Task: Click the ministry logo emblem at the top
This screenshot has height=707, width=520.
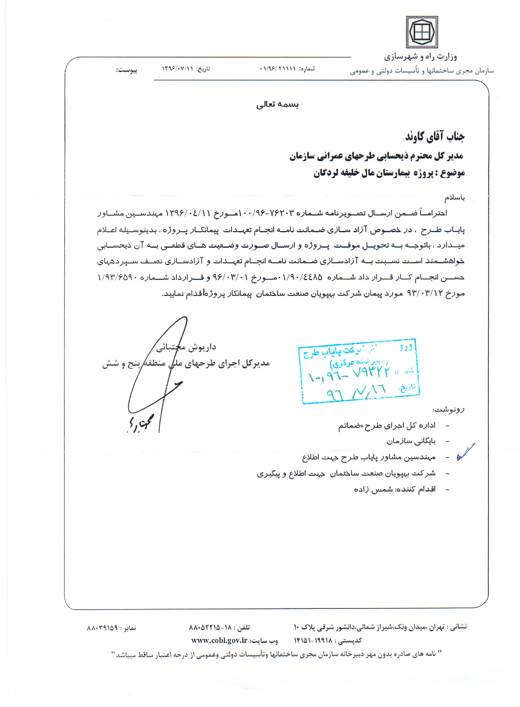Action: (x=422, y=32)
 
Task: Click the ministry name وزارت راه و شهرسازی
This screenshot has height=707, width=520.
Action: (x=420, y=57)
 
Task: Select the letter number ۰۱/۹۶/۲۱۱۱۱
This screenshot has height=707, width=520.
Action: (x=278, y=69)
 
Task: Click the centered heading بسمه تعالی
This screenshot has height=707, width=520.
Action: (x=277, y=104)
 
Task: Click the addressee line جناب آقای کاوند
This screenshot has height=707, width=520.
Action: (x=435, y=136)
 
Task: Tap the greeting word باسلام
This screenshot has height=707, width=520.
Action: (x=454, y=197)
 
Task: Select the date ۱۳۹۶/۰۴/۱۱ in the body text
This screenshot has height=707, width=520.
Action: (x=188, y=213)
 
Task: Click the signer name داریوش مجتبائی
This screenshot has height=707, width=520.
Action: (x=186, y=347)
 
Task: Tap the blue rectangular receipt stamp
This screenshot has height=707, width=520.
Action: (x=359, y=371)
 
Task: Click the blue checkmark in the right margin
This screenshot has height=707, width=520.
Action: (x=466, y=452)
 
